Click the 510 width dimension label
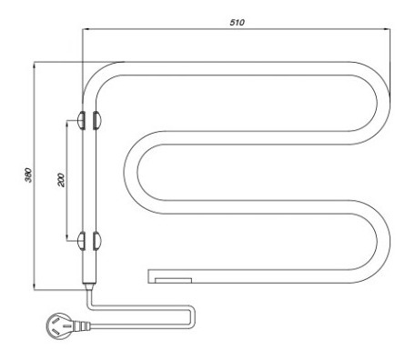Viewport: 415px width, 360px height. coord(237,23)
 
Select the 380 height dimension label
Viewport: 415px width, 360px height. coord(28,175)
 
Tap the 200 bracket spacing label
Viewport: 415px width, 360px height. coord(61,180)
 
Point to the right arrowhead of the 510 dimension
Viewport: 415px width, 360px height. coord(388,29)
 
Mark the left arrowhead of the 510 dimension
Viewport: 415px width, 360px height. coord(86,29)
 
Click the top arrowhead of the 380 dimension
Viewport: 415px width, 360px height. coord(35,65)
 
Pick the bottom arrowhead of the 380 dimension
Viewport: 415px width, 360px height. coord(35,286)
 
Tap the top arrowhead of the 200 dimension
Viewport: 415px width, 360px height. coord(66,124)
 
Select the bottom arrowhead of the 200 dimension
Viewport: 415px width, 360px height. coord(66,237)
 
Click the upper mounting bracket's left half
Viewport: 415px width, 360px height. coord(81,120)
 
